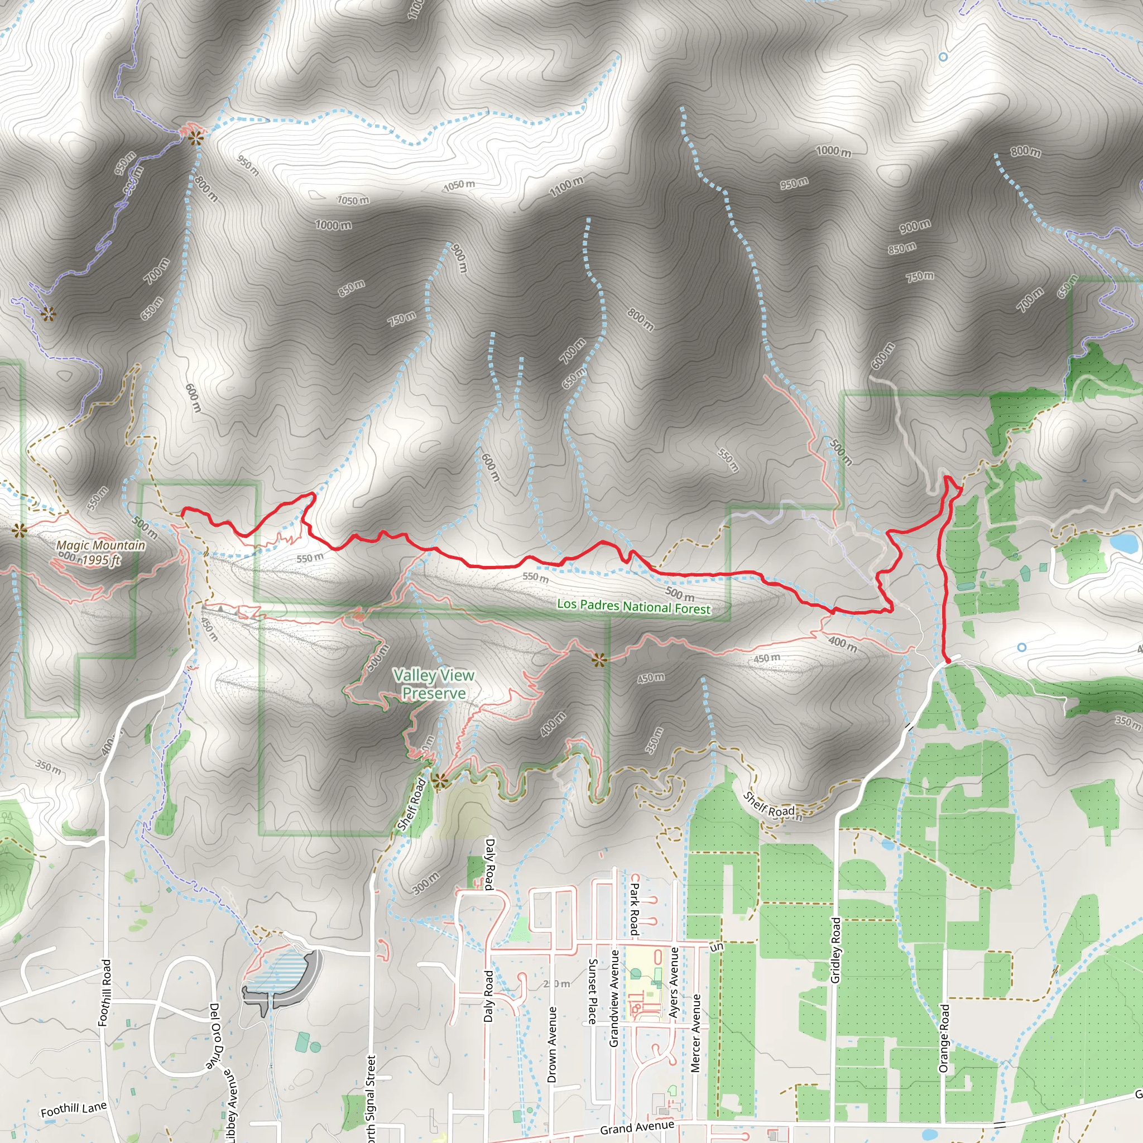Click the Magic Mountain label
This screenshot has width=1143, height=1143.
click(100, 545)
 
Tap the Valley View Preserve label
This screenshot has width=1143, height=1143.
click(434, 684)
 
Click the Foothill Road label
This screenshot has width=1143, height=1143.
click(105, 993)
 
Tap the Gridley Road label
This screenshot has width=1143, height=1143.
click(835, 950)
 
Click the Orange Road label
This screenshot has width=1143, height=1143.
click(944, 1038)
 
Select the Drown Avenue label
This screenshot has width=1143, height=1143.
click(552, 1045)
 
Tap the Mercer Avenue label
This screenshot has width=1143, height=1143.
click(696, 1033)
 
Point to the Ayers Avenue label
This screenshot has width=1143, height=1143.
click(674, 983)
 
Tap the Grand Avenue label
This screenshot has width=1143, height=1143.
click(637, 1127)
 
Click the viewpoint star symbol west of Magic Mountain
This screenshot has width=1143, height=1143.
click(20, 530)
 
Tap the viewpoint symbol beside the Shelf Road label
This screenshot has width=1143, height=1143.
click(438, 781)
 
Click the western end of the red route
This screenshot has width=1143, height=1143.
click(183, 510)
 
